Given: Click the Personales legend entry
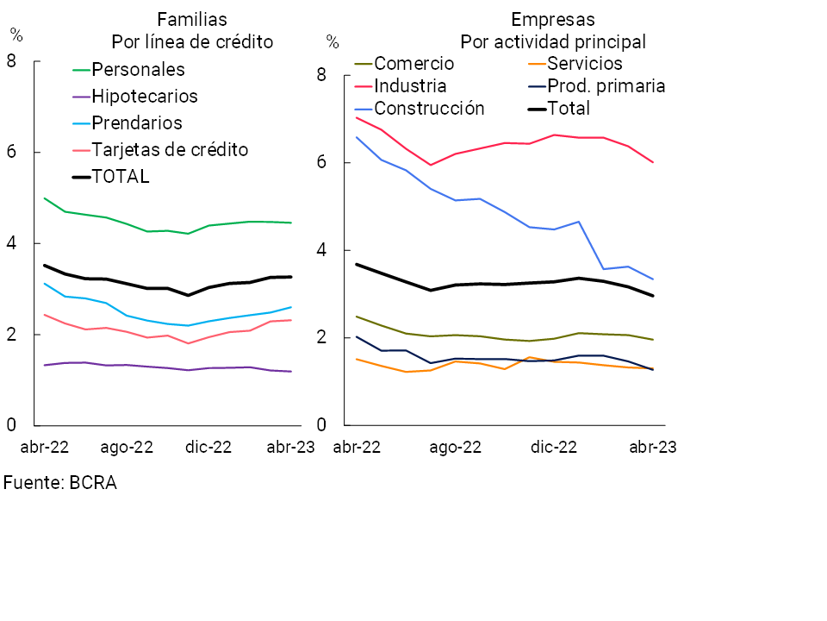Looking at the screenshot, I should pyautogui.click(x=138, y=69).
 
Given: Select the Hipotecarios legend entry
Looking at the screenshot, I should pyautogui.click(x=145, y=96).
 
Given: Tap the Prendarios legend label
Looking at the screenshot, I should pyautogui.click(x=137, y=122).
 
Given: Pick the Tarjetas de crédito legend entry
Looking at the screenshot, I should pyautogui.click(x=170, y=149).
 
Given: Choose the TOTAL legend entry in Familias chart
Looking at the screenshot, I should pyautogui.click(x=121, y=176).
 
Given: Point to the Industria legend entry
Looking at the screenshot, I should pyautogui.click(x=410, y=85).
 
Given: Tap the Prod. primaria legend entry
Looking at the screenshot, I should pyautogui.click(x=606, y=85).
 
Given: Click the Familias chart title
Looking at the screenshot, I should pyautogui.click(x=191, y=19).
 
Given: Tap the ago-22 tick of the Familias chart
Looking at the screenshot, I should pyautogui.click(x=127, y=447).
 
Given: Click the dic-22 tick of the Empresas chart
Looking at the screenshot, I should pyautogui.click(x=553, y=447).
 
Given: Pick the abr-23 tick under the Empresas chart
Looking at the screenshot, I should pyautogui.click(x=652, y=447).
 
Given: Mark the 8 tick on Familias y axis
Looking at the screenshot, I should pyautogui.click(x=11, y=61).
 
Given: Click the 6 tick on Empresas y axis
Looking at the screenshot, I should pyautogui.click(x=320, y=163).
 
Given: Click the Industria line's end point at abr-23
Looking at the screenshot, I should pyautogui.click(x=653, y=162).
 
